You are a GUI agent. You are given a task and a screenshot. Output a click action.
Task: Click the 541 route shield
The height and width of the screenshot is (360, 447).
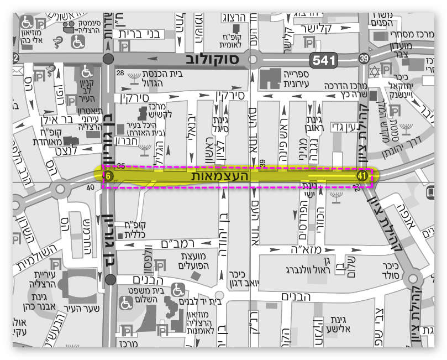pos(323,60)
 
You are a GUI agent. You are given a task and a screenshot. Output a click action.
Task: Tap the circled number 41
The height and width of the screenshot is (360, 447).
pos(362,176)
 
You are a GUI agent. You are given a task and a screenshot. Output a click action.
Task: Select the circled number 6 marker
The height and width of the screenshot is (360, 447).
pos(109,176)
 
